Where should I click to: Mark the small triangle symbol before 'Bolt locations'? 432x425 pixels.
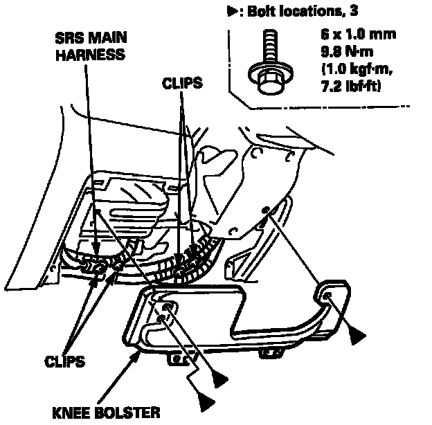point(232,12)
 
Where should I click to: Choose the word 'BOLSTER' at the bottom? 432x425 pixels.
point(131,413)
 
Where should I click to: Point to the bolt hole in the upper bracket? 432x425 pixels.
point(264,210)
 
